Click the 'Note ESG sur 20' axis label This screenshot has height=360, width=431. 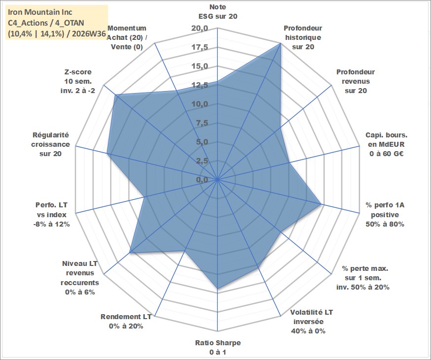(218, 11)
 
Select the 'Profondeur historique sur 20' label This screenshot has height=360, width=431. (303, 37)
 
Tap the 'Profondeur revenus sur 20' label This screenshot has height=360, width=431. (356, 81)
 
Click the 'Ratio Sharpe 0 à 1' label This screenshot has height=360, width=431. (218, 347)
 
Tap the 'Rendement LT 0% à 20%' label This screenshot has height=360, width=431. (126, 322)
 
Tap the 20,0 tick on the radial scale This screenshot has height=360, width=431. (200, 28)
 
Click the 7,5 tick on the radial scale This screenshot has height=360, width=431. (202, 123)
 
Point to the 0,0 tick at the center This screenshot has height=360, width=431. (202, 180)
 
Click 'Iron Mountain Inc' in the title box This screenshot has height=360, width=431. (40, 12)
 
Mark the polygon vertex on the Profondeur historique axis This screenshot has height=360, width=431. (280, 43)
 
